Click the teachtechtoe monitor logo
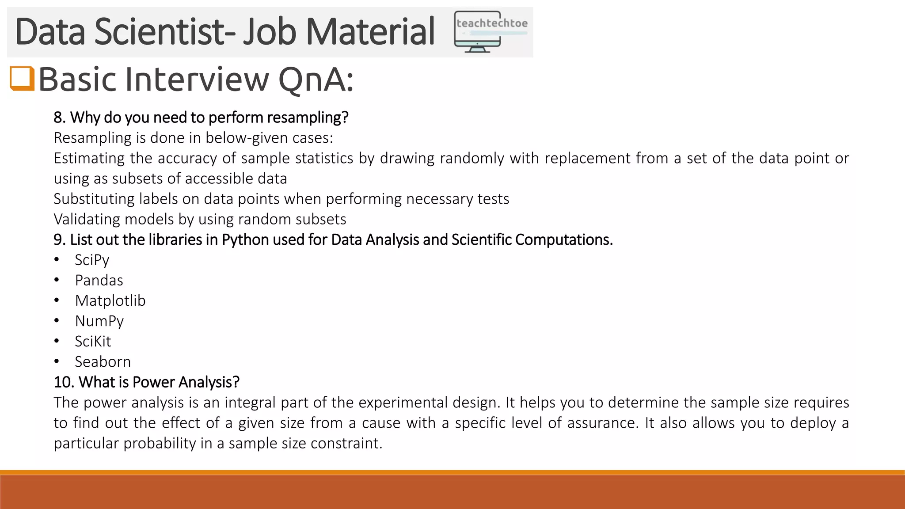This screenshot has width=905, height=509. tap(491, 32)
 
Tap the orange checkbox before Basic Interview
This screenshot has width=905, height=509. tap(22, 78)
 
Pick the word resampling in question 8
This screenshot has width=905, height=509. tap(308, 118)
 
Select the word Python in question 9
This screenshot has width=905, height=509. tap(245, 239)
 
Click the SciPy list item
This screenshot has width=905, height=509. tap(92, 260)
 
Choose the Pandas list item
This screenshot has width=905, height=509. tap(99, 280)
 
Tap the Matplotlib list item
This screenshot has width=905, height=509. tap(110, 300)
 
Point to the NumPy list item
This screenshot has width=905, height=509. tap(99, 321)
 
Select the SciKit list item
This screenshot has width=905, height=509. tap(93, 341)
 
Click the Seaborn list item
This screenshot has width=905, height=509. tap(103, 361)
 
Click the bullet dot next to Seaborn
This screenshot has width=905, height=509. tap(57, 361)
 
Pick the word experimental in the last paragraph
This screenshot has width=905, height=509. tap(403, 403)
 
